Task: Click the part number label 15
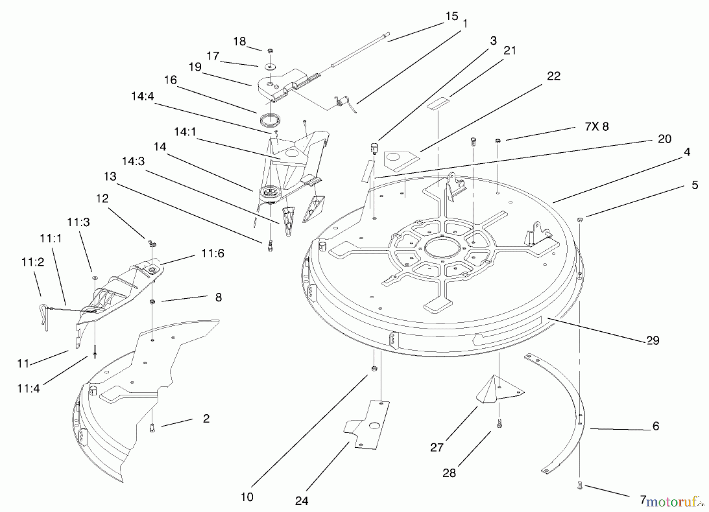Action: [x=452, y=16]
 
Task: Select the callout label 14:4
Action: [x=143, y=96]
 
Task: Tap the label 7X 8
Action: [x=597, y=126]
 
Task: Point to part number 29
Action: [x=653, y=340]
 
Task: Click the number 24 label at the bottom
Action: [x=302, y=501]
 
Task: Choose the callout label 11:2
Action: [x=33, y=262]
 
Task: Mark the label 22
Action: [x=553, y=76]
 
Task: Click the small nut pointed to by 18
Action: [x=270, y=51]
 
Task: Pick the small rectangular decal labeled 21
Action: [x=438, y=104]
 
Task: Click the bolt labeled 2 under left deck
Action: [x=152, y=429]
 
